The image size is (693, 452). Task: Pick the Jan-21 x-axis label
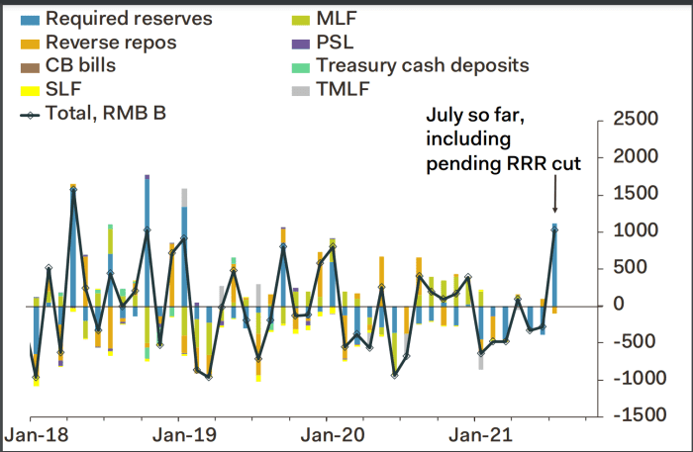tap(478, 435)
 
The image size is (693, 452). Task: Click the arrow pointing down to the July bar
tap(554, 198)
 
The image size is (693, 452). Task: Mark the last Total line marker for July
tap(554, 227)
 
